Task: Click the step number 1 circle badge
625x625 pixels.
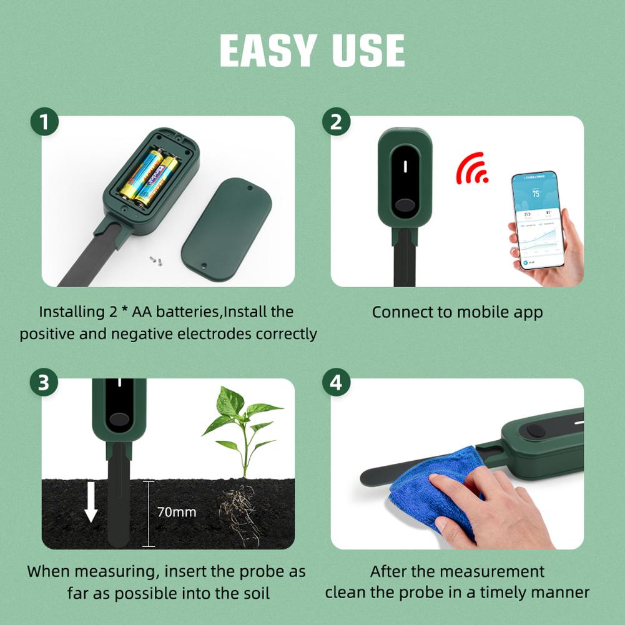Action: pos(44,122)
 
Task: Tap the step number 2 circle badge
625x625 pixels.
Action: pos(336,122)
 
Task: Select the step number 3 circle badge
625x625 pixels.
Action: pos(44,383)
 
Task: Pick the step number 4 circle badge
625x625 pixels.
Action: pos(336,383)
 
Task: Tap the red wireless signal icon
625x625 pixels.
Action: pos(473,169)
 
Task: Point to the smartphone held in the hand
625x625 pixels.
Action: pos(537,219)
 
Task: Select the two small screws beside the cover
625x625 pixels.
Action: pos(154,257)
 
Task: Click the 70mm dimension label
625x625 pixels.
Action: pos(176,512)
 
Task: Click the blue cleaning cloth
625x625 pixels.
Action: pos(431,487)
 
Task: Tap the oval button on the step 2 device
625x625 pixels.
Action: pos(405,205)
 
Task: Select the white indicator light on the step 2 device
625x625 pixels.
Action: pos(405,167)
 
